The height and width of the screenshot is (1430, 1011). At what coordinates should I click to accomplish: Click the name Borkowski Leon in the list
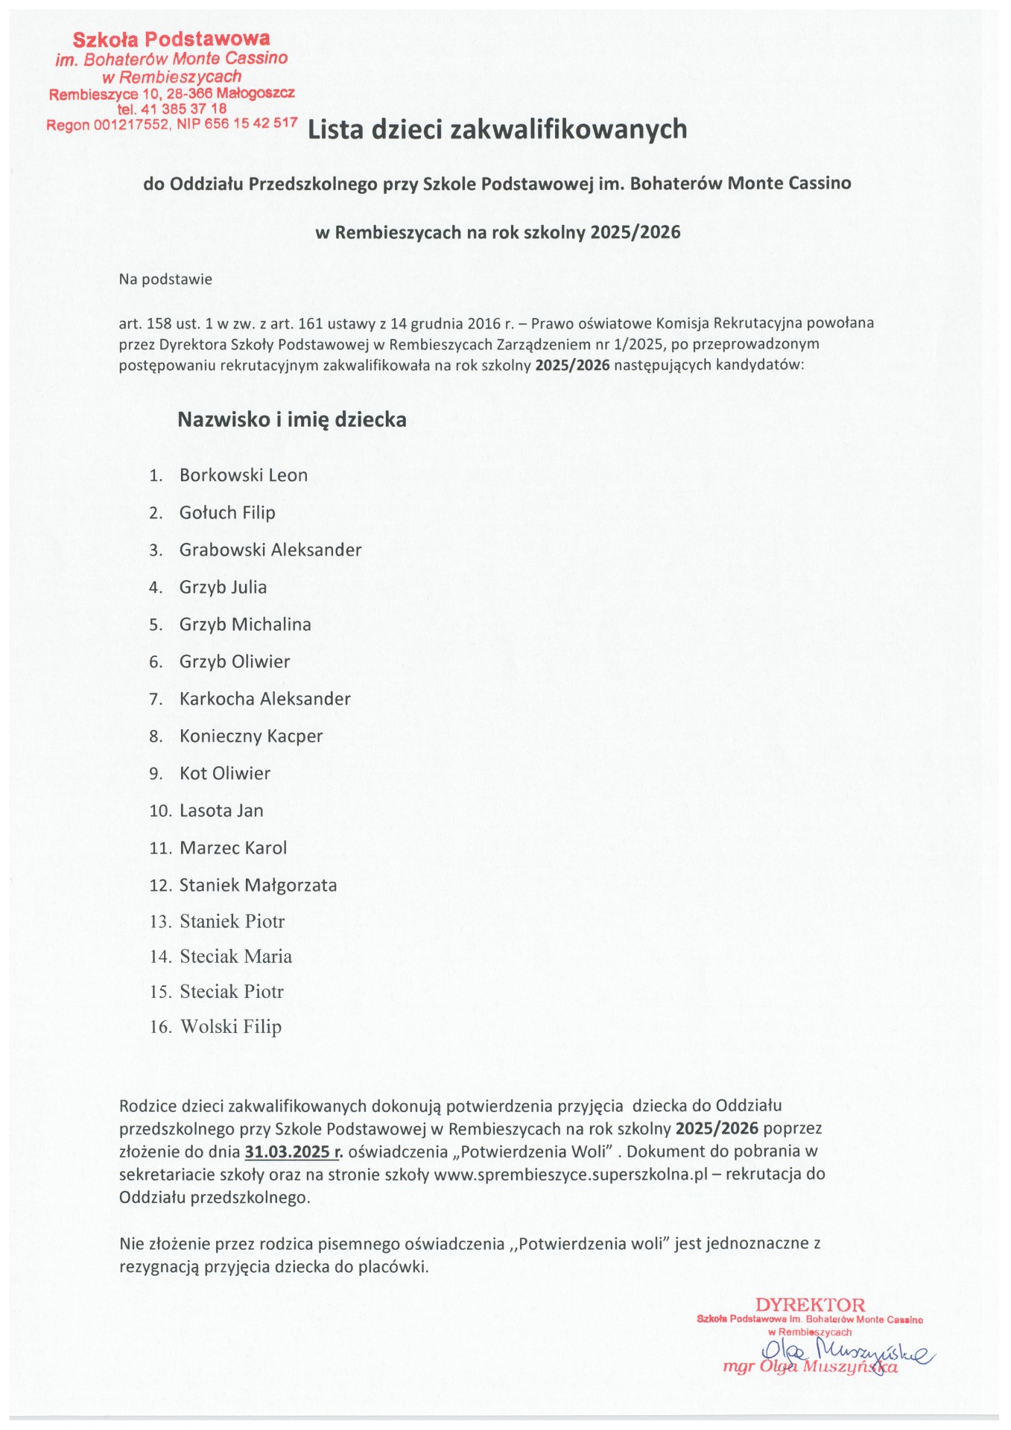point(243,475)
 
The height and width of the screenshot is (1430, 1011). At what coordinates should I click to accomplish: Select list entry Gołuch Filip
point(227,512)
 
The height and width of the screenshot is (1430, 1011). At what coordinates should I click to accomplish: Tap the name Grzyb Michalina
point(245,624)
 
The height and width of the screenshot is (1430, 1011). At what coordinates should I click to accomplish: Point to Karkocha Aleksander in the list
point(264,699)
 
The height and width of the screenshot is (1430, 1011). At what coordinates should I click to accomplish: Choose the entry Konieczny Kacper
point(251,736)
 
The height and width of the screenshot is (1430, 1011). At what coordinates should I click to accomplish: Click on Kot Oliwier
point(225,773)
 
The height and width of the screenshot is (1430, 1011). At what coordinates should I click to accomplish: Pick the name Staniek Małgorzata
point(258,885)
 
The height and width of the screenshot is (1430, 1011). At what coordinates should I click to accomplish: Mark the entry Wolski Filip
point(231,1026)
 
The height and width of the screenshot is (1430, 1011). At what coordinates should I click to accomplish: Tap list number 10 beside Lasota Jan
point(160,810)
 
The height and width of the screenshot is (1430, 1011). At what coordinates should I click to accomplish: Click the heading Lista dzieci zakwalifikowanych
point(497,130)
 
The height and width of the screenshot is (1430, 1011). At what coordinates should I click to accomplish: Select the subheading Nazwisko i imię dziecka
point(292,419)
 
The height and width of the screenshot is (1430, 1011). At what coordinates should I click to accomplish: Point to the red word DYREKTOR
point(810,1305)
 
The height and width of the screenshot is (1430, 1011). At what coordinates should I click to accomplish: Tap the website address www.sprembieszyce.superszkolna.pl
point(570,1175)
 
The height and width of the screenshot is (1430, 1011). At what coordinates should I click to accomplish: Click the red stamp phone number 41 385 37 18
point(184,109)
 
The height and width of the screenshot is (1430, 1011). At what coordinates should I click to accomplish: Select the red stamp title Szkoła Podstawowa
point(171,39)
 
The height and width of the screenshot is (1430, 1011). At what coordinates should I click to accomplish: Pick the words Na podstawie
point(165,279)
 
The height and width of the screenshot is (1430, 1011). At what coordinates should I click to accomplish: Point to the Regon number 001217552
point(131,125)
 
